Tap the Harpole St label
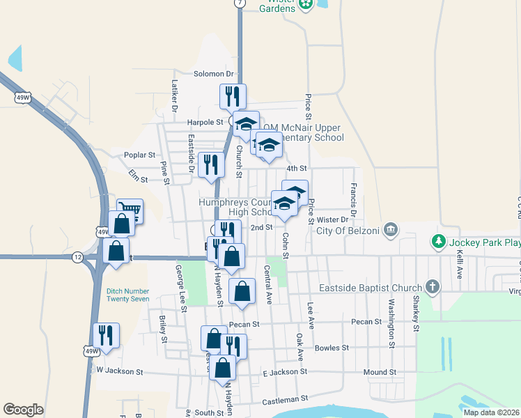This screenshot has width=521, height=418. pyautogui.click(x=204, y=122)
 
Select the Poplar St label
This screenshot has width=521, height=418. pyautogui.click(x=140, y=155)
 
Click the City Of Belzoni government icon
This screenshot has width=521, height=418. pyautogui.click(x=391, y=229)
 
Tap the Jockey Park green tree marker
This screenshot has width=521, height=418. pyautogui.click(x=438, y=242)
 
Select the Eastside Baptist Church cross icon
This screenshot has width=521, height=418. pyautogui.click(x=432, y=286)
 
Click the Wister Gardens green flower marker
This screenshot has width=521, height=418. pyautogui.click(x=305, y=5)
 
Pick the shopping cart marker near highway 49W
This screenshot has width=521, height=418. pyautogui.click(x=130, y=209)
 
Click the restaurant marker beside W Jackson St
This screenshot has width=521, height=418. pyautogui.click(x=106, y=334)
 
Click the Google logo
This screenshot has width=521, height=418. pyautogui.click(x=24, y=410)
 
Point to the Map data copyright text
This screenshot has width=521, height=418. pyautogui.click(x=491, y=412)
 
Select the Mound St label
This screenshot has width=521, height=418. pyautogui.click(x=380, y=373)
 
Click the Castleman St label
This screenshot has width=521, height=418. pyautogui.click(x=285, y=400)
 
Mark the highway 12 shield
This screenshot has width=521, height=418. pyautogui.click(x=77, y=257)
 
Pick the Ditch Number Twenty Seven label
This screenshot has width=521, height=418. pyautogui.click(x=128, y=294)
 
